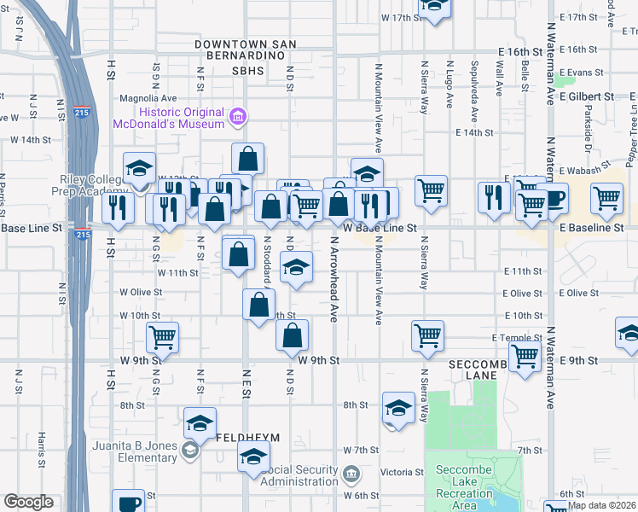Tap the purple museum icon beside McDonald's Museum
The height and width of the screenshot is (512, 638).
point(239,116)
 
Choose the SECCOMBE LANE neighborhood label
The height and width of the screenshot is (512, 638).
point(478,369)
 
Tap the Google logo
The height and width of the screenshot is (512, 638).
point(29,502)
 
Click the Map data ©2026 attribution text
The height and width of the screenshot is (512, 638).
point(601,505)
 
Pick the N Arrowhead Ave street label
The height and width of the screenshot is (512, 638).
point(334,290)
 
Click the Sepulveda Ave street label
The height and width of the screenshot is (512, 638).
point(474,85)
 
